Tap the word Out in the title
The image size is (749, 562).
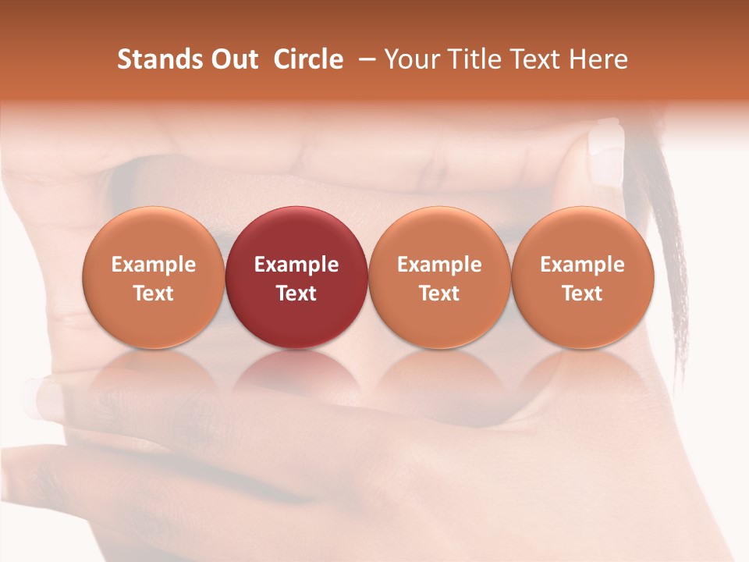coord(232,59)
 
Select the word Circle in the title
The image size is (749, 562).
coord(308,59)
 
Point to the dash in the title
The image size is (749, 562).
coord(364,59)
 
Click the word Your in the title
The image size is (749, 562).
coord(410,59)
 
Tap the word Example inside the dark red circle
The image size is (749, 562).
coord(296,265)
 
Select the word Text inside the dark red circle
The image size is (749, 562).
coord(296,293)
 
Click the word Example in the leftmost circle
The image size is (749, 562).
coord(153,265)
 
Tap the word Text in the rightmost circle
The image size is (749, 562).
coord(582,293)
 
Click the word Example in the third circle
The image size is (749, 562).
coord(439,265)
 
